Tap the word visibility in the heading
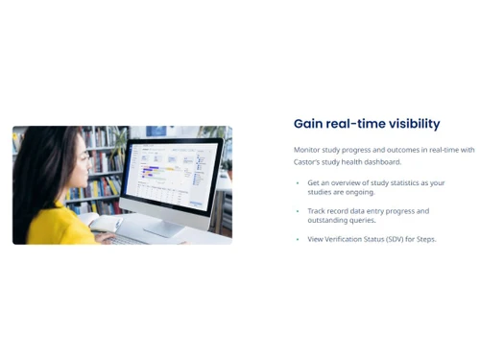pos(410,124)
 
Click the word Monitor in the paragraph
pos(309,150)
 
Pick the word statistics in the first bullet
pos(394,182)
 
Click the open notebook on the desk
pos(106,224)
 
